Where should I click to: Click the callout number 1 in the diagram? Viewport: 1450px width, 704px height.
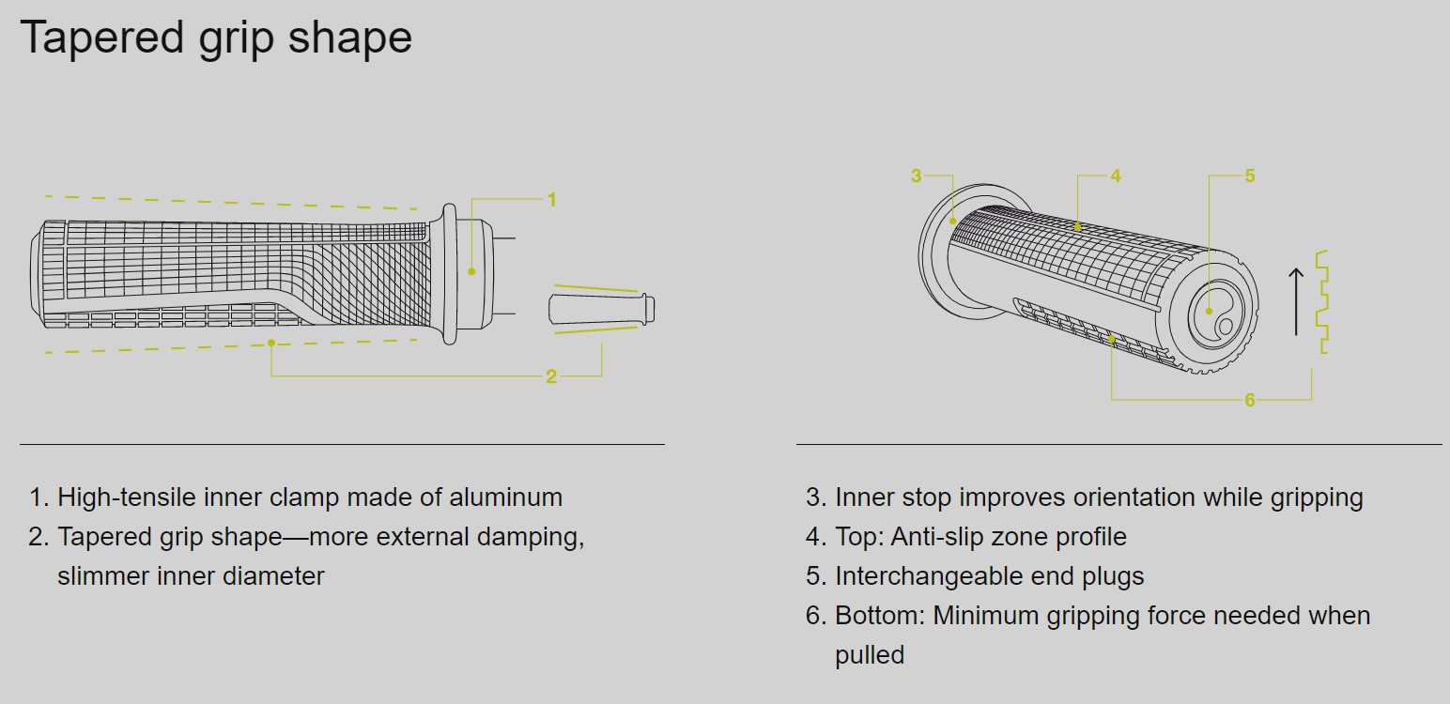(x=551, y=199)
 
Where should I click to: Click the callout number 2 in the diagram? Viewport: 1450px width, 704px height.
(x=551, y=376)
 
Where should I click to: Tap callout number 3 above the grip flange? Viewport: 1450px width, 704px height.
(x=916, y=176)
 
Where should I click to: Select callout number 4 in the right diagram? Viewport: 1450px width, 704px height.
(x=1116, y=176)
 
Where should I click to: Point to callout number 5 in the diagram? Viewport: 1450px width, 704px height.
(x=1250, y=176)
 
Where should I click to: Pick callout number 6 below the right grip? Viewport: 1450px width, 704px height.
(x=1250, y=400)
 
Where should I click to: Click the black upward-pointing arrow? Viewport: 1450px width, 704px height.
(x=1296, y=301)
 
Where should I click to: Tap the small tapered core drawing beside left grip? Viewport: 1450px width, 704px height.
(x=602, y=310)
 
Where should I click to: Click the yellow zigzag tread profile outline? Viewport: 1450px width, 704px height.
(x=1322, y=301)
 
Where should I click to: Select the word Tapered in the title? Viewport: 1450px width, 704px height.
(x=102, y=38)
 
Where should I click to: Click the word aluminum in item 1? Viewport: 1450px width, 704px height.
(x=505, y=497)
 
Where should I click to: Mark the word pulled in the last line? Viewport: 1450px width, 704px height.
(x=870, y=655)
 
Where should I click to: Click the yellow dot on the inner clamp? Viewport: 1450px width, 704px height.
(x=471, y=272)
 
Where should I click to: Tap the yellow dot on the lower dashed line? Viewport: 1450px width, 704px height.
(x=271, y=343)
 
